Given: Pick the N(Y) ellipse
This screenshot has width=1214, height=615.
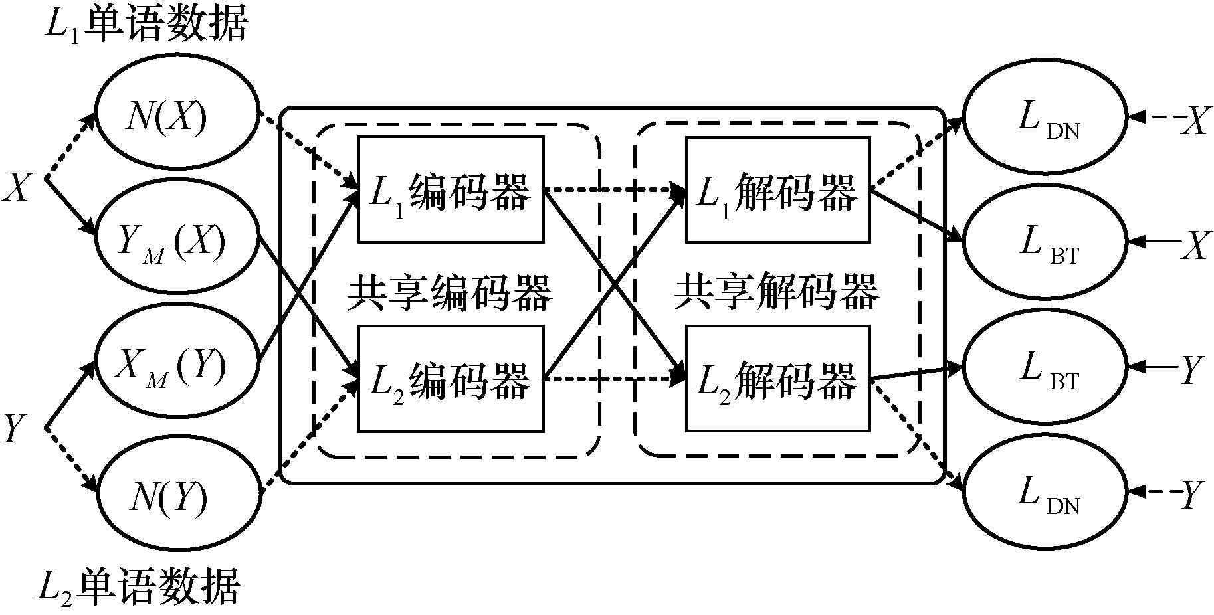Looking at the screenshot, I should (176, 495).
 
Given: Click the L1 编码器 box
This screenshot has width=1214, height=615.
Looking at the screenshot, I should (451, 190).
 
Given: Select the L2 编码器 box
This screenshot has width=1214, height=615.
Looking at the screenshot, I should (451, 379).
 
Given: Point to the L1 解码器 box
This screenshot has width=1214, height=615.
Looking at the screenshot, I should (777, 190).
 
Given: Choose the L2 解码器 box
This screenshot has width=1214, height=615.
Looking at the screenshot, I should (777, 379).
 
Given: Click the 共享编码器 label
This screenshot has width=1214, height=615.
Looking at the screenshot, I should (449, 293).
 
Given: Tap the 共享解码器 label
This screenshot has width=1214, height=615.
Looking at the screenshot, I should (776, 293).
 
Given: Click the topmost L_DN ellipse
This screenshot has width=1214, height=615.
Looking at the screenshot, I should (1045, 119).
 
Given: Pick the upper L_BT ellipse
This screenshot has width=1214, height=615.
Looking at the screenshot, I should (1045, 243).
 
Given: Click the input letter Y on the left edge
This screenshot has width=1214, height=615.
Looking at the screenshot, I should (15, 428).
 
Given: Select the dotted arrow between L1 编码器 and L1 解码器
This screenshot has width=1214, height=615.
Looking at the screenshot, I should (615, 191).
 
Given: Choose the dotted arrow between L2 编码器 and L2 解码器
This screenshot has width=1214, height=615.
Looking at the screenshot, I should (615, 379).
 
